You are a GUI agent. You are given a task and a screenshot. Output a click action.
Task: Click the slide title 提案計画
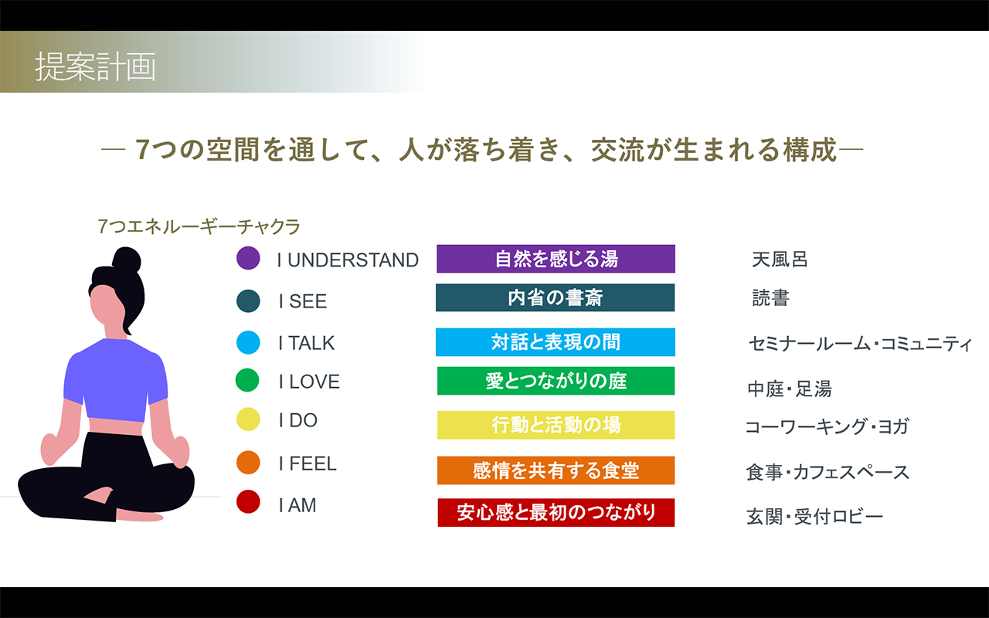[95, 66]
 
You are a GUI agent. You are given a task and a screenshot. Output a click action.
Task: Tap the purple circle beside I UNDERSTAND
[248, 258]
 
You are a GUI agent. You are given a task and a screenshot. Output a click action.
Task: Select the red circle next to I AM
[248, 502]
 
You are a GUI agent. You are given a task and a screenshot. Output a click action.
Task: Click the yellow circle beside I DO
[248, 419]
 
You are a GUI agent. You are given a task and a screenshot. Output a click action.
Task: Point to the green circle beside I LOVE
[247, 380]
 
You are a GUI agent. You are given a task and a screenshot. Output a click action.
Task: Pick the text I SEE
[302, 301]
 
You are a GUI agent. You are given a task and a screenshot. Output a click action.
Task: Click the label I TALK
[307, 343]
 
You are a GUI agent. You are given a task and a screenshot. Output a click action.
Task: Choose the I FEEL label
[308, 463]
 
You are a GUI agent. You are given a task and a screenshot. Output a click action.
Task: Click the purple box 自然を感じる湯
[556, 259]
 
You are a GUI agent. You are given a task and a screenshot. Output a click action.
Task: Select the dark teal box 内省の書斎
[555, 297]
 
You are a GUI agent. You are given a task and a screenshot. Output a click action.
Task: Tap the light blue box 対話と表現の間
[556, 342]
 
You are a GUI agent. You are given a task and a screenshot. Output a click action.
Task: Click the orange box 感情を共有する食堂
[556, 470]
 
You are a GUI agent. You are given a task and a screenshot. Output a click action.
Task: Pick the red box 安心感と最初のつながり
[556, 512]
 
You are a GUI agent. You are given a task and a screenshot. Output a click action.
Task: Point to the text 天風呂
[780, 260]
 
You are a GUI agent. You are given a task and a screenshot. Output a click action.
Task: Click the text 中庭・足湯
[790, 389]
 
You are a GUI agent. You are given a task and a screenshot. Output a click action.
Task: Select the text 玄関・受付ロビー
[814, 517]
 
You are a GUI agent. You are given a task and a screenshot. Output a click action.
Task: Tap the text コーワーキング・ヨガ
[827, 427]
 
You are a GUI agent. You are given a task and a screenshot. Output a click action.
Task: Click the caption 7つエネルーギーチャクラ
[199, 226]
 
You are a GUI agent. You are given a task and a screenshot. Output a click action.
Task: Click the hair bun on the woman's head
[127, 260]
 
